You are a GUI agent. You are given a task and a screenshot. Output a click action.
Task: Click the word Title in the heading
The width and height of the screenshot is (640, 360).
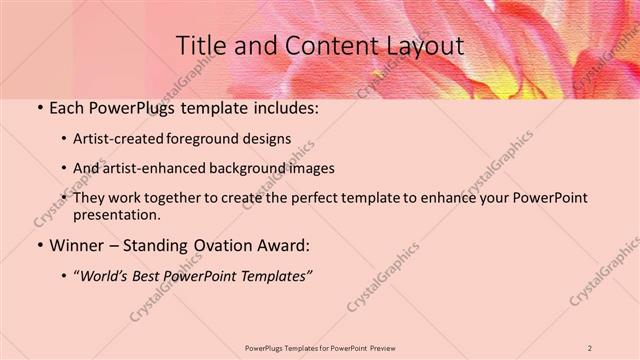200,46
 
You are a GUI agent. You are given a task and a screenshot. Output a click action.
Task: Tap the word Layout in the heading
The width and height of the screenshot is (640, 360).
423,46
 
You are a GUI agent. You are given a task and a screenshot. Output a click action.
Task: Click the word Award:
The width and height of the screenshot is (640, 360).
287,245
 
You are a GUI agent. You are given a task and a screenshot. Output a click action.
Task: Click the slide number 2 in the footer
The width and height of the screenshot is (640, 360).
590,347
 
